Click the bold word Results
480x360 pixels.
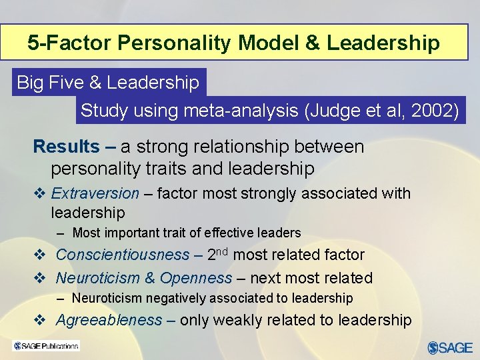pos(66,147)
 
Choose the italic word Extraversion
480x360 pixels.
pos(95,193)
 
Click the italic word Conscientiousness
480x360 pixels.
pos(123,255)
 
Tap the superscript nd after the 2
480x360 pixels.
pos(223,251)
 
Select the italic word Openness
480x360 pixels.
pos(196,278)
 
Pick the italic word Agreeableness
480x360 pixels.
pos(109,320)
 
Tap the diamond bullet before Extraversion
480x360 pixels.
pos(39,194)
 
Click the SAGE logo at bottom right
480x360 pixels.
pos(450,347)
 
